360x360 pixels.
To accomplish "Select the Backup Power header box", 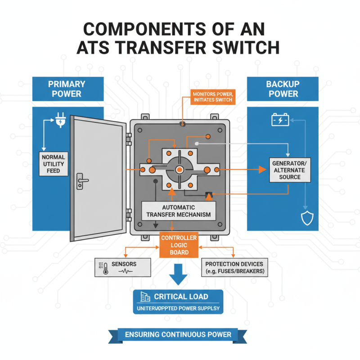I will [x=282, y=89].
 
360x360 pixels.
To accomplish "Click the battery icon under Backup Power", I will [x=280, y=120].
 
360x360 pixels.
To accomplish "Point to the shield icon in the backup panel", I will [x=306, y=218].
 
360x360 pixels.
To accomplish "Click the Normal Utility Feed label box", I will [x=53, y=164].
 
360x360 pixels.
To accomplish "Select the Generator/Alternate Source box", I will [x=291, y=170].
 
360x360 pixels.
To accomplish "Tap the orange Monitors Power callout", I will [x=212, y=96].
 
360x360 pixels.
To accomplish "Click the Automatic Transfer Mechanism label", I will [x=179, y=210].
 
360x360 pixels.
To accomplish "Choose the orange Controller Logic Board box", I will [x=179, y=245].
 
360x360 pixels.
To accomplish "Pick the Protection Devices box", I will [x=234, y=267].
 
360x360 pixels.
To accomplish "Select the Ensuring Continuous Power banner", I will [x=179, y=334].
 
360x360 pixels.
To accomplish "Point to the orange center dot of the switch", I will [x=179, y=169].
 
